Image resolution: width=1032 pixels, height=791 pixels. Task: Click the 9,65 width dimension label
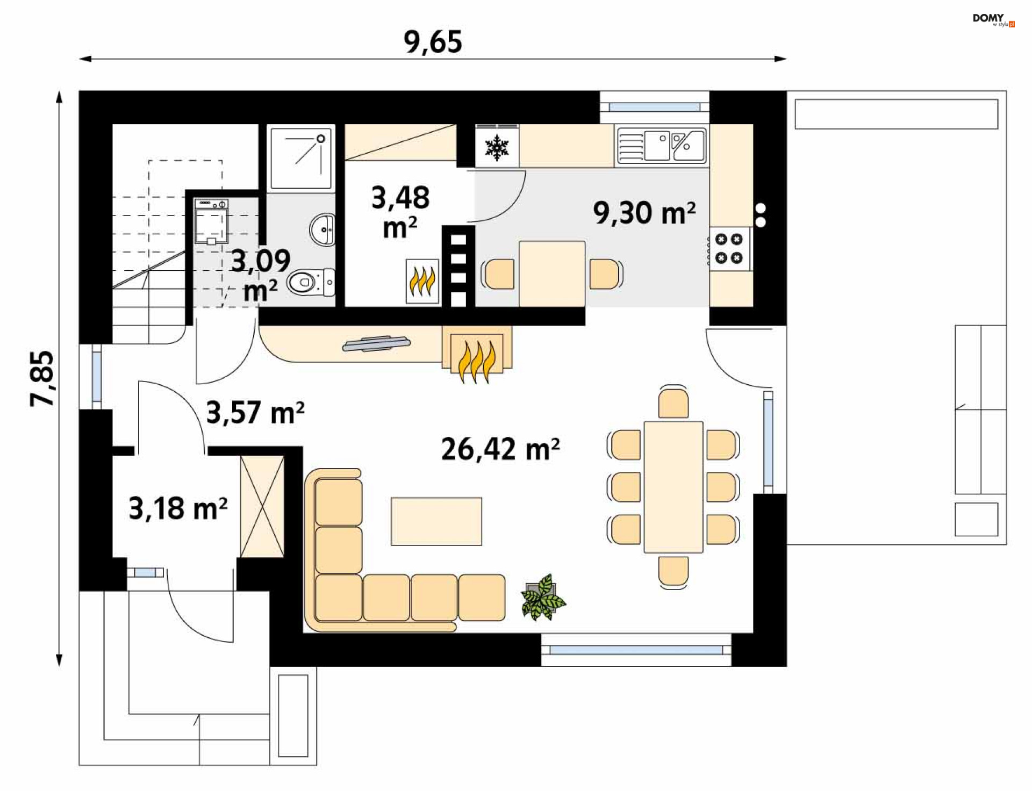tap(433, 42)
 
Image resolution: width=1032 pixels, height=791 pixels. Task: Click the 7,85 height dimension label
tap(42, 378)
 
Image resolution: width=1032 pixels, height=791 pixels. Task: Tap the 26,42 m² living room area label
tap(500, 449)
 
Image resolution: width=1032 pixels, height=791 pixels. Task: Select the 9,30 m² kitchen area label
tap(644, 213)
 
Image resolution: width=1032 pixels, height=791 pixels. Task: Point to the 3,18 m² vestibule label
tap(178, 508)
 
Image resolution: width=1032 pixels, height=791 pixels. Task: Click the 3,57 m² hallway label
tap(255, 413)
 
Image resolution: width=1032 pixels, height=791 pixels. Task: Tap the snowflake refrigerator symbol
tap(497, 148)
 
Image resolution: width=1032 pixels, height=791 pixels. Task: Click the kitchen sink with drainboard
tap(662, 145)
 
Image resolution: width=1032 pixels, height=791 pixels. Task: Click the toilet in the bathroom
tap(311, 282)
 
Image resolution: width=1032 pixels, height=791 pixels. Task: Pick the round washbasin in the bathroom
tap(322, 229)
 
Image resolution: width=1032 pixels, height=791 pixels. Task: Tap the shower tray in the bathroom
tap(301, 159)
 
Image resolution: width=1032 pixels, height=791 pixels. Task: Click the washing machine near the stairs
tap(211, 221)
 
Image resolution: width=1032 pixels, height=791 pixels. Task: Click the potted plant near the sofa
tap(543, 597)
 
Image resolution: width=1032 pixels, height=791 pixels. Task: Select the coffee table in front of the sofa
tap(436, 521)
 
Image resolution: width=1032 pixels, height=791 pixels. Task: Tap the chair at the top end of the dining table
tap(673, 402)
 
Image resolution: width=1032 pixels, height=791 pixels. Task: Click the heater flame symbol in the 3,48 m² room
tap(422, 281)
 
